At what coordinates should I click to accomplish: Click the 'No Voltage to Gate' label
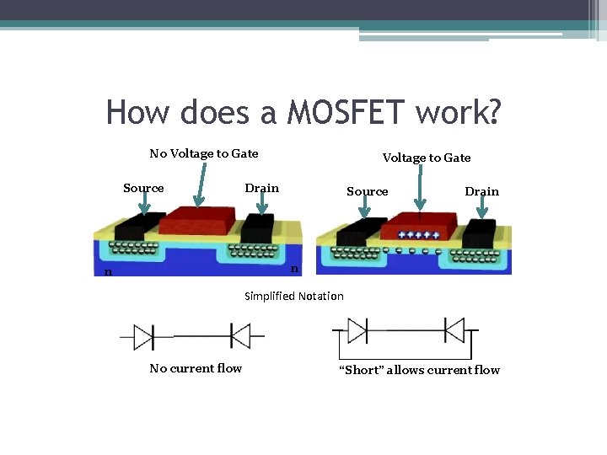tap(204, 153)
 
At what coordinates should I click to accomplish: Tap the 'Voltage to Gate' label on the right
tap(427, 158)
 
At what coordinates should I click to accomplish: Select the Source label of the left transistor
tap(143, 188)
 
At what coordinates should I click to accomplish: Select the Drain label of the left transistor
tap(261, 188)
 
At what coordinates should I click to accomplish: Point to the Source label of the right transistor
tap(368, 191)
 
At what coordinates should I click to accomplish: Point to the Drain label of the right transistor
tap(482, 191)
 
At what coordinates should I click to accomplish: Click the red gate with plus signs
tap(419, 232)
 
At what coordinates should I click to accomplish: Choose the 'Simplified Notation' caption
tap(294, 296)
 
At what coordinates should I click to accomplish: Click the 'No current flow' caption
tap(196, 368)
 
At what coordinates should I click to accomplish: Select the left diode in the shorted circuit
tap(357, 329)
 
